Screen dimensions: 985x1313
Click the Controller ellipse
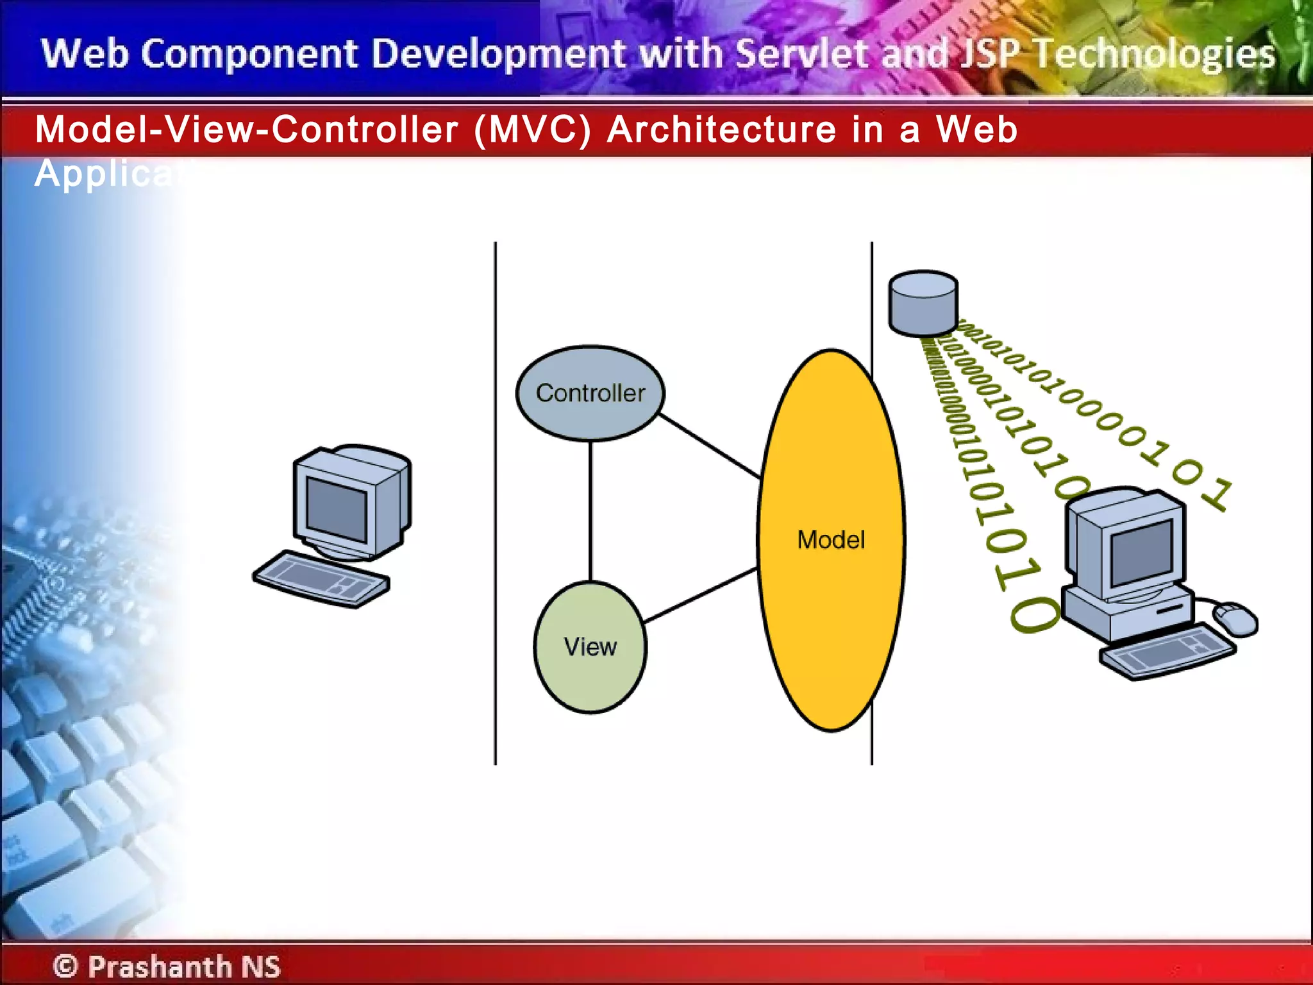point(590,393)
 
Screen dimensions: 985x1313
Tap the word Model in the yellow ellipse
point(831,540)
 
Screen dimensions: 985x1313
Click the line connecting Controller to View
point(590,510)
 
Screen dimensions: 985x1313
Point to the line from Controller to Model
point(708,446)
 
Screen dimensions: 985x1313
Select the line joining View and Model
point(700,595)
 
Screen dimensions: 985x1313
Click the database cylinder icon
point(923,303)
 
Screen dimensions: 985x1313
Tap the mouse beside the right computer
point(1236,619)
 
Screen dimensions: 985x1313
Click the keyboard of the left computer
point(321,578)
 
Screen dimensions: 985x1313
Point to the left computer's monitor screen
point(337,510)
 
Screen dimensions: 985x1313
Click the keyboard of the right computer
point(1167,653)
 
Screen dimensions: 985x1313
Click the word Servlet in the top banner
point(804,53)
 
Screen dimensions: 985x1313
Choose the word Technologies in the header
point(1154,53)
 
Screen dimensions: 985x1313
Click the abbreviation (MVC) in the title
point(532,130)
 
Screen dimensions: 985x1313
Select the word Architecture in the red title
point(722,130)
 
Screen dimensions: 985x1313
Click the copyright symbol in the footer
point(65,966)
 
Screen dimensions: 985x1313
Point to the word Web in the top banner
point(85,53)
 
